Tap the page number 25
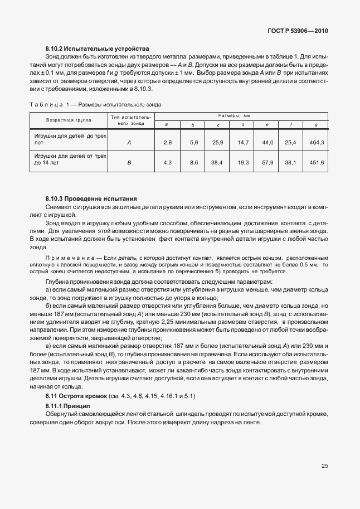pos(324,466)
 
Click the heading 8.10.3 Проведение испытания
pos(91,198)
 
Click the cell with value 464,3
pos(316,143)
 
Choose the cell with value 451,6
pos(316,162)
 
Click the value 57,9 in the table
pos(267,162)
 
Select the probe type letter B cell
pos(129,162)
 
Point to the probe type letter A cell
pos(129,143)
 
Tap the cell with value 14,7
pos(242,143)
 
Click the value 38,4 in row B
pos(217,162)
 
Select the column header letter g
pos(316,125)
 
